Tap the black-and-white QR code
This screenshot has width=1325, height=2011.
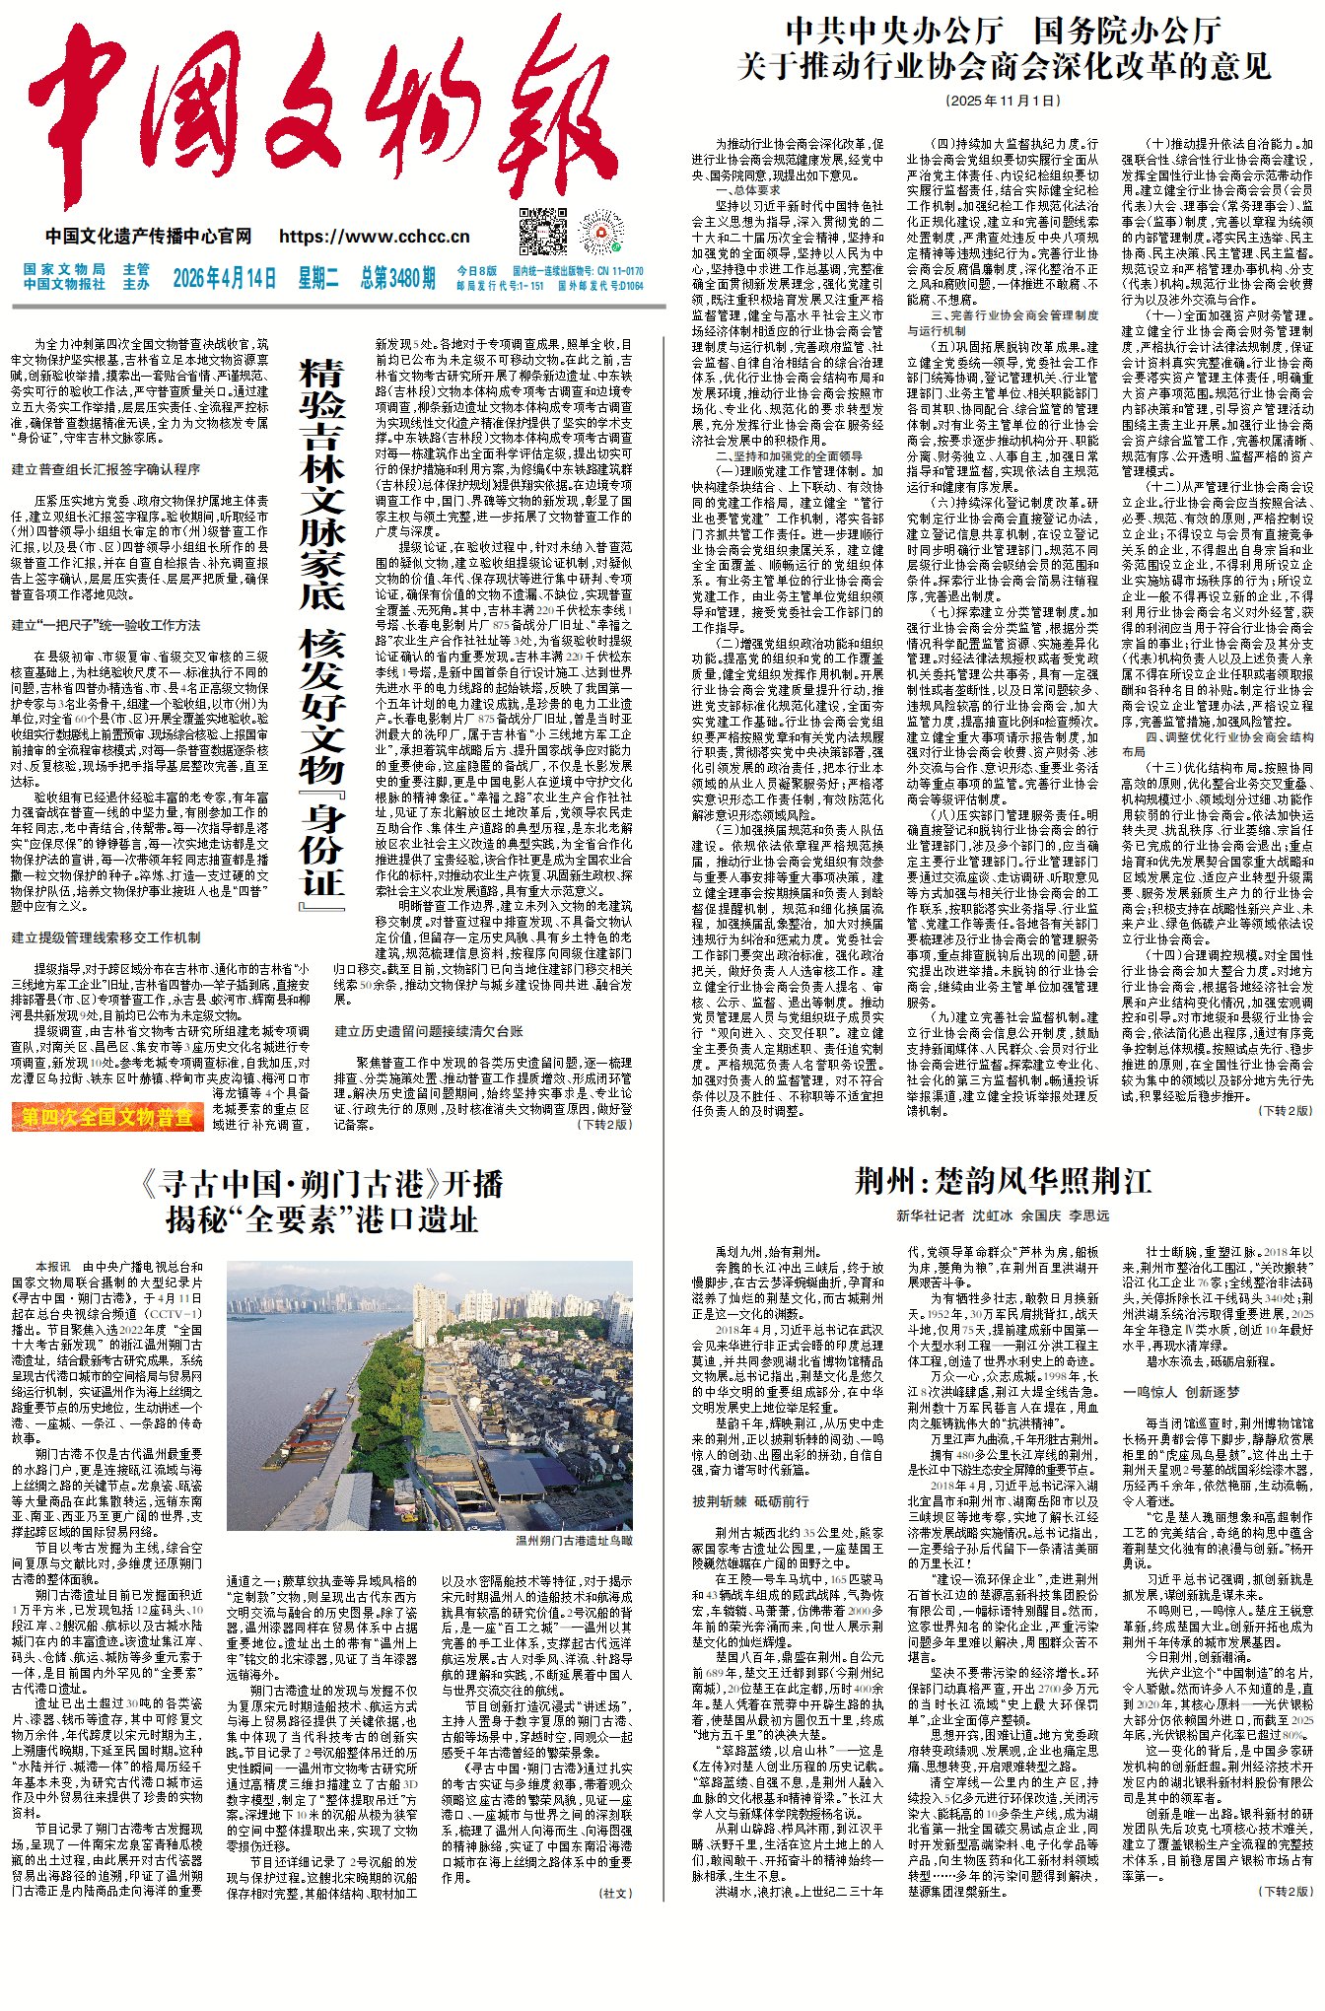[543, 232]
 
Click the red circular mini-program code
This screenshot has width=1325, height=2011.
[600, 232]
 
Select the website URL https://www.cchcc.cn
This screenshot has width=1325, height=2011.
[374, 237]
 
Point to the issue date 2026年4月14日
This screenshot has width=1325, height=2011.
[224, 278]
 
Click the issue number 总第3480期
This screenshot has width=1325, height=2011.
[397, 278]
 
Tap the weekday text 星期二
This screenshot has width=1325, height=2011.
[317, 278]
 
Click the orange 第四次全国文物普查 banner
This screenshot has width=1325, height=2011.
[107, 1117]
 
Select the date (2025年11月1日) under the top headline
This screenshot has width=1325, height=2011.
[1003, 101]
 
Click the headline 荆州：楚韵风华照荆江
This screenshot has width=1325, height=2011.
[1003, 1181]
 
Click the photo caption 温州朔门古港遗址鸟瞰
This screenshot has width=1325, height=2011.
[574, 1540]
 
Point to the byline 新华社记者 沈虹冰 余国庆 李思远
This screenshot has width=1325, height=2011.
[1003, 1215]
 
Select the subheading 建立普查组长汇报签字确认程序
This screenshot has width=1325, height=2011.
[105, 469]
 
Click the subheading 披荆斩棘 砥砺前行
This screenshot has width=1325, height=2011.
[750, 1501]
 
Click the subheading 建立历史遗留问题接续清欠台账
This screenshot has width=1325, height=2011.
[429, 1031]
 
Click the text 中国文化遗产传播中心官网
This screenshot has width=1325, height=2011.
[148, 237]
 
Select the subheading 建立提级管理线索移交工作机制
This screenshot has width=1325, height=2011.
[105, 937]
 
